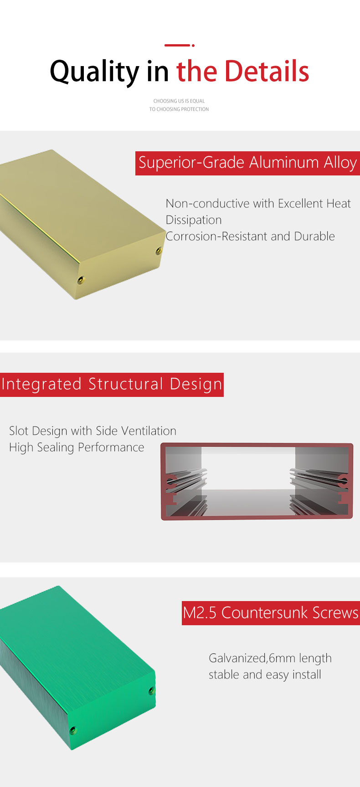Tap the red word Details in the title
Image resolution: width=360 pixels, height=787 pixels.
click(x=267, y=71)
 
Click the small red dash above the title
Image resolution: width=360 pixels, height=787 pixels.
click(x=177, y=45)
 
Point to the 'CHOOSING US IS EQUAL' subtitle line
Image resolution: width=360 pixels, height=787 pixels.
click(x=179, y=101)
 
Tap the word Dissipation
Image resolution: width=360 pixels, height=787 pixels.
click(x=194, y=220)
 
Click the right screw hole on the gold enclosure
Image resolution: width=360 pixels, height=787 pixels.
click(x=159, y=250)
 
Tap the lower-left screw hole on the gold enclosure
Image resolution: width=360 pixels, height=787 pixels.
click(x=81, y=280)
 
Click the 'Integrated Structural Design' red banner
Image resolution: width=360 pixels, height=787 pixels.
click(x=112, y=385)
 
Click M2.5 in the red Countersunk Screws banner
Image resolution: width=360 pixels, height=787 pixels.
click(x=200, y=613)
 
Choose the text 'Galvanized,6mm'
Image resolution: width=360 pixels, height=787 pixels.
click(x=252, y=658)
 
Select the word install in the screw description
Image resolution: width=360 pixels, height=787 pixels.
click(x=305, y=675)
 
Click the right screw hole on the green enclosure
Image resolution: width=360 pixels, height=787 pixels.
click(x=152, y=690)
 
